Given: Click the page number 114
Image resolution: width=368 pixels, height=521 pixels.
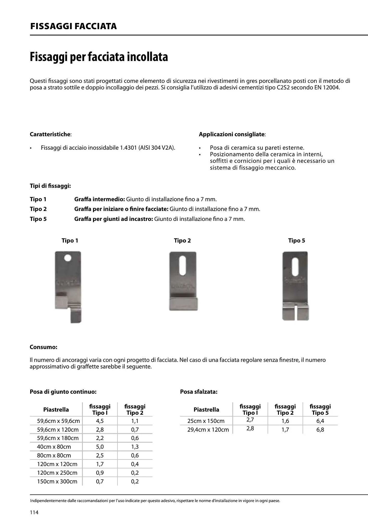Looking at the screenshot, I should pyautogui.click(x=34, y=512).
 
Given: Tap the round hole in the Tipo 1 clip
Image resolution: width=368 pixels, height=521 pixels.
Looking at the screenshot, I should pyautogui.click(x=68, y=258).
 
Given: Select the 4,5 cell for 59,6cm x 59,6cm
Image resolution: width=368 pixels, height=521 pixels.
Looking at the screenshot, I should pyautogui.click(x=100, y=421).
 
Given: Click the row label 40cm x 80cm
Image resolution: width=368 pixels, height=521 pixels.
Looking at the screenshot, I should pyautogui.click(x=54, y=447).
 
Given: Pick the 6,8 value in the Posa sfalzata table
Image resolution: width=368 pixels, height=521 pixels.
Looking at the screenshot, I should pyautogui.click(x=320, y=430).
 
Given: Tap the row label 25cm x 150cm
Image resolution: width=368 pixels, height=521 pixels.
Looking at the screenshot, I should pyautogui.click(x=206, y=421).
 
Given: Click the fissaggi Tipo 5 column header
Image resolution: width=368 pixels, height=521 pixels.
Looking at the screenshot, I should pyautogui.click(x=320, y=410).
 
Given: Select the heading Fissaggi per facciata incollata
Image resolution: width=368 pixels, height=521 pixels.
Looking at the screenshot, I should pyautogui.click(x=99, y=57).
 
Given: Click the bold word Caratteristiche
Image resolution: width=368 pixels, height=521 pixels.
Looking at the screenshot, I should pyautogui.click(x=50, y=134).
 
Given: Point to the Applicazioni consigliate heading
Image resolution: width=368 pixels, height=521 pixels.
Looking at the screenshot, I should pyautogui.click(x=232, y=134).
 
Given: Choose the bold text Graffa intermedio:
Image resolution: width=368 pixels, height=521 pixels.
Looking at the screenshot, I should pyautogui.click(x=99, y=199).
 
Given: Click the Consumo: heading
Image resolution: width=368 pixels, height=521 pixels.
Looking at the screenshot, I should pyautogui.click(x=43, y=347).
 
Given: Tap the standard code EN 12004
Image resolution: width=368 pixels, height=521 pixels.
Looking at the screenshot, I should pyautogui.click(x=327, y=88).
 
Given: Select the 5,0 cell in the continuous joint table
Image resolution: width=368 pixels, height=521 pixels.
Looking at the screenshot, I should pyautogui.click(x=100, y=447).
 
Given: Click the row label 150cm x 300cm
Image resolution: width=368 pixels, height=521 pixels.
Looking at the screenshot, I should pyautogui.click(x=57, y=481).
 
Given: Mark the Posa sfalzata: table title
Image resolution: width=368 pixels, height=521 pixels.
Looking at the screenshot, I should pyautogui.click(x=198, y=392).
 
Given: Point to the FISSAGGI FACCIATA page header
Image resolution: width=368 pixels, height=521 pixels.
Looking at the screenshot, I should pyautogui.click(x=73, y=26).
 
